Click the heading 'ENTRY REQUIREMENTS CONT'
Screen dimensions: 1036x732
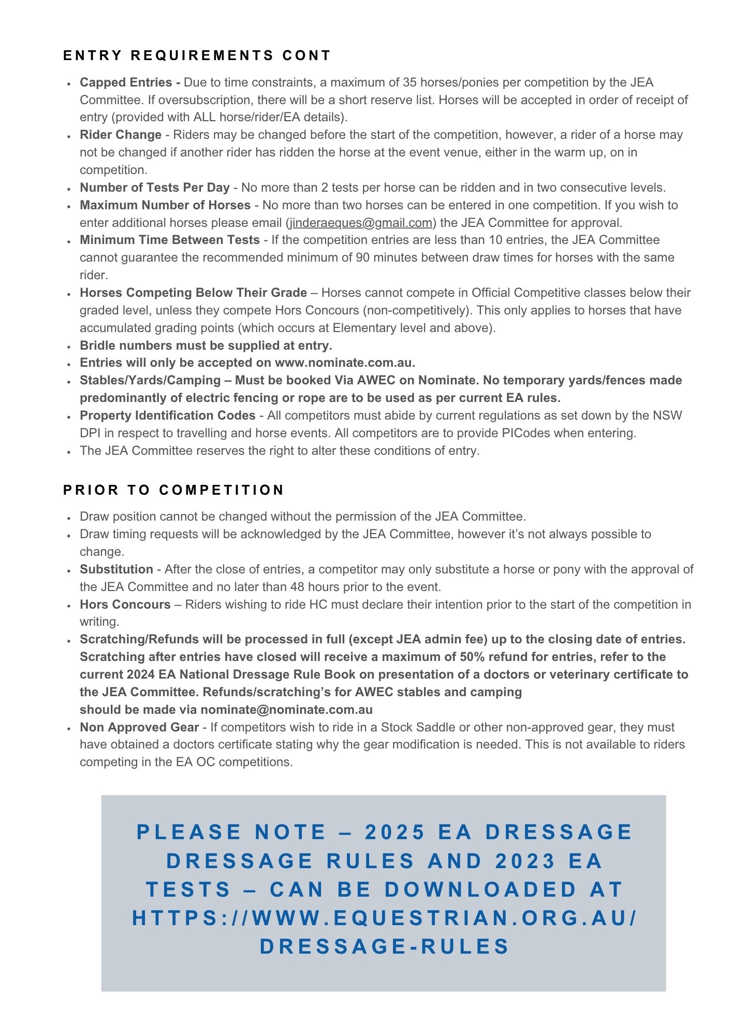[197, 55]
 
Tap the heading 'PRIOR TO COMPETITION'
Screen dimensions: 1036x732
[173, 490]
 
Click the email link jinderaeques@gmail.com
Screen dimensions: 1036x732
[361, 223]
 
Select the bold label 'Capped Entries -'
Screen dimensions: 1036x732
[130, 82]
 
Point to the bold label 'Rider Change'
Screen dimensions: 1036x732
[121, 135]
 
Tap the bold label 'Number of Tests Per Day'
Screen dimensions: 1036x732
[154, 188]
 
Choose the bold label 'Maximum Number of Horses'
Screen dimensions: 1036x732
[165, 205]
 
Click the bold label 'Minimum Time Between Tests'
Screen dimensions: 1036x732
[170, 240]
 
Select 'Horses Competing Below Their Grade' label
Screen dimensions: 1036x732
[193, 293]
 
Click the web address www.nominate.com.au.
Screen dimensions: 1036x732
[344, 363]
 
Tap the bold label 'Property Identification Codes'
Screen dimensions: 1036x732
[168, 415]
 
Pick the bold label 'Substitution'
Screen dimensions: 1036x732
[116, 569]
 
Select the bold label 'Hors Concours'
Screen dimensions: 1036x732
[125, 605]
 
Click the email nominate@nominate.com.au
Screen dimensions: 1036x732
[286, 710]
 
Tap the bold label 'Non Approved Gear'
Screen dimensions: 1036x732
[139, 727]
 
